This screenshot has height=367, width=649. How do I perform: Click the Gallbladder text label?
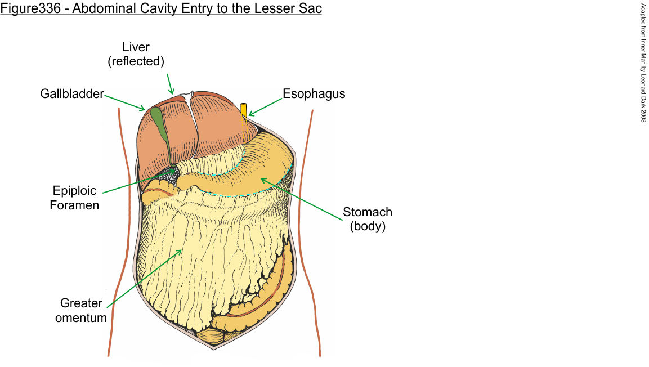[x=71, y=94]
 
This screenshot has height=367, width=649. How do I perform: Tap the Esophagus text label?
[x=314, y=94]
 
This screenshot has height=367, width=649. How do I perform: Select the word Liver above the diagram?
[x=136, y=47]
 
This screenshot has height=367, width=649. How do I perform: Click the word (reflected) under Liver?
[x=136, y=61]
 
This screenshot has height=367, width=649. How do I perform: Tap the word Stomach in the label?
[x=368, y=213]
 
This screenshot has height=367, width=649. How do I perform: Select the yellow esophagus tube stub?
[x=244, y=109]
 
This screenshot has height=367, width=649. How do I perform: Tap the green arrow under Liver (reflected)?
[x=169, y=83]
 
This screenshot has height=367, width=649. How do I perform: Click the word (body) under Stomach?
[x=368, y=227]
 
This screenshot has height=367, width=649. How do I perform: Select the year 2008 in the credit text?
[x=643, y=115]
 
